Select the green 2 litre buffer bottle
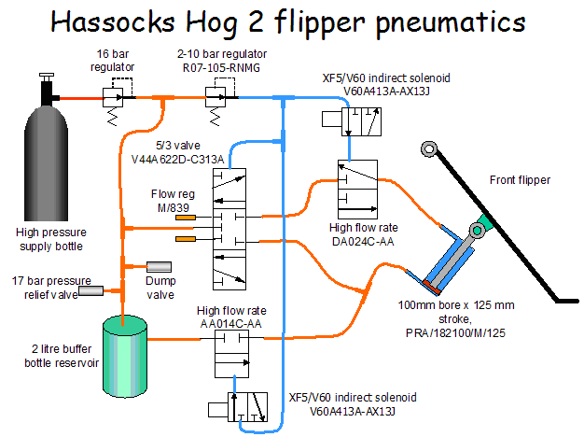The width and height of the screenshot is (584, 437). click(125, 349)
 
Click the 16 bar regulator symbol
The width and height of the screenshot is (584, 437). click(114, 97)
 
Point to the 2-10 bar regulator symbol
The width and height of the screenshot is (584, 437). click(221, 97)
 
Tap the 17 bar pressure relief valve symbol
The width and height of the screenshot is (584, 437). click(90, 291)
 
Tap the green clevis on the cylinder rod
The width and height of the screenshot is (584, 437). click(481, 225)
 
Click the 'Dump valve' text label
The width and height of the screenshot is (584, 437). click(160, 288)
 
